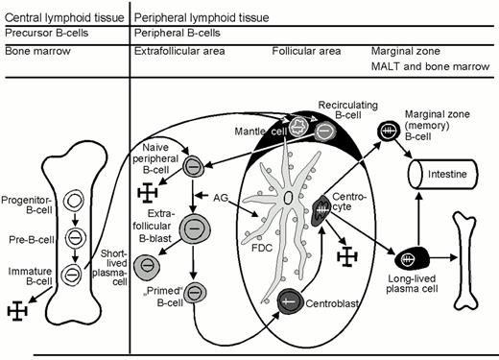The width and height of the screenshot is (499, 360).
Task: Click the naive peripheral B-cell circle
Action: pos(194,166)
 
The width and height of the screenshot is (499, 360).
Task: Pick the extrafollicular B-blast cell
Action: pos(194,228)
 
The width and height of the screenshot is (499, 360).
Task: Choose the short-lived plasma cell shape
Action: pos(146,262)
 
